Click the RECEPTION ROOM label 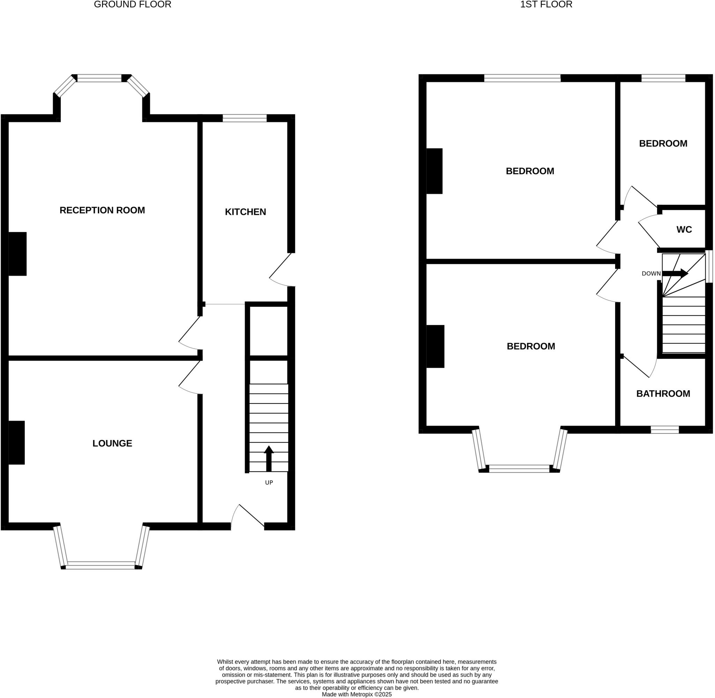click(102, 210)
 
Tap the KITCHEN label click(245, 211)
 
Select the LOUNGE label click(112, 443)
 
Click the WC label click(684, 230)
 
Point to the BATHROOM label click(663, 393)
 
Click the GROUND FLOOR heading click(132, 5)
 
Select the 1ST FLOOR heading click(546, 5)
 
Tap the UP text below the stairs click(269, 482)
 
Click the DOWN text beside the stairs click(651, 274)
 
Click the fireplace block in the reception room click(17, 254)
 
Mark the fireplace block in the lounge click(16, 443)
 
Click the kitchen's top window click(245, 118)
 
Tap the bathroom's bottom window click(665, 430)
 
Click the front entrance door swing click(246, 517)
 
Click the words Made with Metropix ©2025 click(356, 694)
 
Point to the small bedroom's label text click(663, 143)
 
